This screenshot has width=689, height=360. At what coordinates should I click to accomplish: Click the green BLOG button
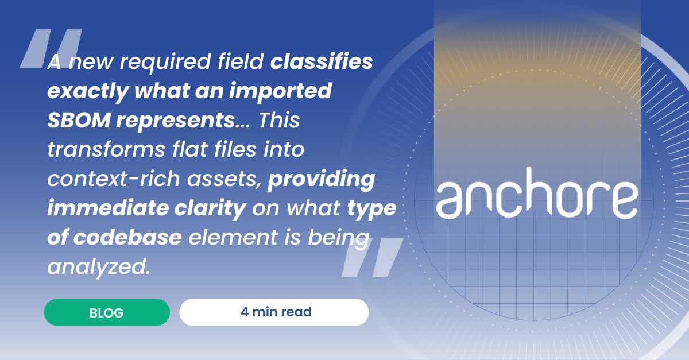(x=107, y=312)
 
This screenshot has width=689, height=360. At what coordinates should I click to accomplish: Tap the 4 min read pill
(x=274, y=312)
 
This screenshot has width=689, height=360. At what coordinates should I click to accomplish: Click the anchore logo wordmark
(x=537, y=193)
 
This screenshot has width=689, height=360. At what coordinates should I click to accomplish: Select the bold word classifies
(x=322, y=61)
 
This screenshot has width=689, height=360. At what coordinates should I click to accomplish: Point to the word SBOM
(x=79, y=120)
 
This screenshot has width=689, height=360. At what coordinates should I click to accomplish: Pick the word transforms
(x=106, y=149)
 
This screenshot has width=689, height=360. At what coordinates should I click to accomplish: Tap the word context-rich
(x=114, y=179)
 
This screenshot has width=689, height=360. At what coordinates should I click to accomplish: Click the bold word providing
(x=322, y=179)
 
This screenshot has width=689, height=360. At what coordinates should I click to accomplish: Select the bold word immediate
(x=108, y=208)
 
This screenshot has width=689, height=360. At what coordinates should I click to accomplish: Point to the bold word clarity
(x=210, y=208)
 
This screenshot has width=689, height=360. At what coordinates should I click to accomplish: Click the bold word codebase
(x=127, y=237)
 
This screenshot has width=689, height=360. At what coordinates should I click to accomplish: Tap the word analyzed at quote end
(x=99, y=267)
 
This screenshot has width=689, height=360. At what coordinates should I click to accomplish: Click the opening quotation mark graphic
(x=51, y=48)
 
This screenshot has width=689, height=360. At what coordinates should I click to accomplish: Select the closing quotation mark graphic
(x=373, y=257)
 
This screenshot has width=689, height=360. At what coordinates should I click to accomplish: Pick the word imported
(x=281, y=91)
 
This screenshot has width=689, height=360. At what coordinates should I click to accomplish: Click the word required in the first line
(x=165, y=62)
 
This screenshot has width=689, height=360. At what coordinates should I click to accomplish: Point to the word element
(x=233, y=237)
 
